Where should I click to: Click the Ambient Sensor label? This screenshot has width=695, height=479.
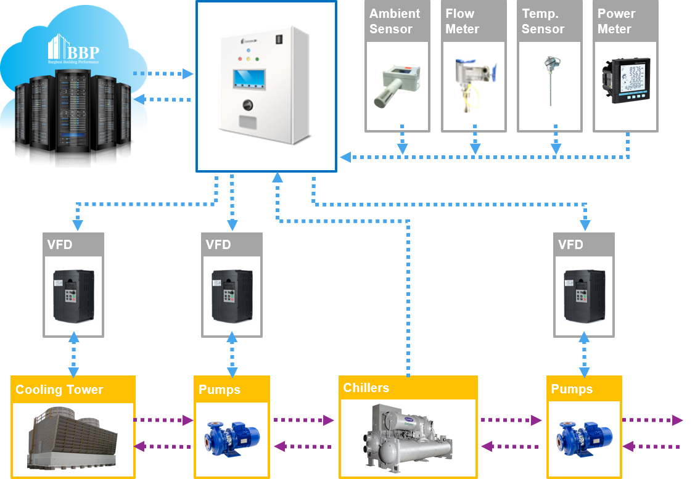[394, 22]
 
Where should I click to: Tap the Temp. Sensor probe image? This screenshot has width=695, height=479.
[548, 80]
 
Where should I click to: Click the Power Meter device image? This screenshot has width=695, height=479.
[625, 80]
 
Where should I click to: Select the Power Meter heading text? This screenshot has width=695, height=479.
[617, 22]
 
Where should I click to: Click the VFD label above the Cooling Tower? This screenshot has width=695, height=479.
[60, 245]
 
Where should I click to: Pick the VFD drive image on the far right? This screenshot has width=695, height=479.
[583, 297]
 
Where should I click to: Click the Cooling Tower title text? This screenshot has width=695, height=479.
[59, 390]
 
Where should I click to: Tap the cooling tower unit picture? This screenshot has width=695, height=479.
[73, 440]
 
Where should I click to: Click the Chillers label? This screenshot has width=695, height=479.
[366, 388]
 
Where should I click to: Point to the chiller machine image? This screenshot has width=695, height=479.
[408, 438]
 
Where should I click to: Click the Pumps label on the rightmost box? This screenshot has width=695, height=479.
[572, 389]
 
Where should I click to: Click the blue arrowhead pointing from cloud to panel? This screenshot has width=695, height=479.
[188, 74]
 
